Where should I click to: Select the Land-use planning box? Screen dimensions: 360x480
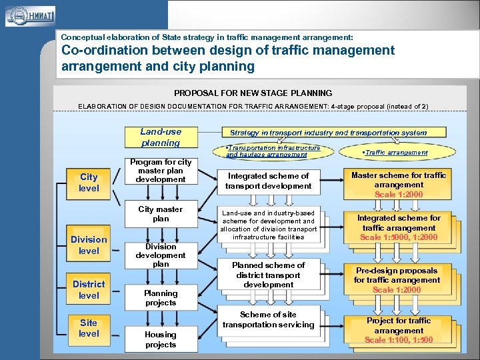pyautogui.click(x=161, y=137)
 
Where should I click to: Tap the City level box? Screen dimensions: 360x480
pyautogui.click(x=89, y=183)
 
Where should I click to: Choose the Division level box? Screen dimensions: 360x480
pyautogui.click(x=89, y=245)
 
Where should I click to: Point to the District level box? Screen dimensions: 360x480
pyautogui.click(x=89, y=290)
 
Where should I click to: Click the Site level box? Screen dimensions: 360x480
pyautogui.click(x=89, y=328)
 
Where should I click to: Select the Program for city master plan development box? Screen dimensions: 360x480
pyautogui.click(x=161, y=171)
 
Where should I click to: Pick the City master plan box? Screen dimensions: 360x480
pyautogui.click(x=161, y=214)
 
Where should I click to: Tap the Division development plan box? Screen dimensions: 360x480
pyautogui.click(x=161, y=255)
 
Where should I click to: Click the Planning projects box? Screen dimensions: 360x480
pyautogui.click(x=161, y=298)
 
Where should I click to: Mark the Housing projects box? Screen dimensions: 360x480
pyautogui.click(x=161, y=339)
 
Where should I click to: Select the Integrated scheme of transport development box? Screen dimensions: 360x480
pyautogui.click(x=269, y=181)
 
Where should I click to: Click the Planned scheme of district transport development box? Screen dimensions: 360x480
pyautogui.click(x=269, y=275)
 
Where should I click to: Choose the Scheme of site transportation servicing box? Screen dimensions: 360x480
pyautogui.click(x=269, y=320)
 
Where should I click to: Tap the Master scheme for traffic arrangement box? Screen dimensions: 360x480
pyautogui.click(x=399, y=185)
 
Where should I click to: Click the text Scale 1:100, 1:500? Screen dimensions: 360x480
pyautogui.click(x=399, y=340)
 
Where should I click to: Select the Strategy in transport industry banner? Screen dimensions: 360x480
pyautogui.click(x=328, y=133)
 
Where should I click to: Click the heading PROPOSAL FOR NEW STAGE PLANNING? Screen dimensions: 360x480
pyautogui.click(x=253, y=93)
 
